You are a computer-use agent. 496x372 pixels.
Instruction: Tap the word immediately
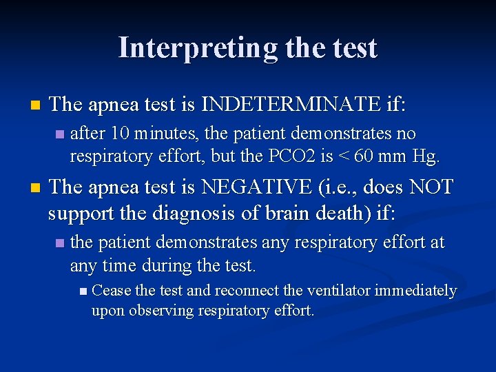(x=416, y=291)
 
